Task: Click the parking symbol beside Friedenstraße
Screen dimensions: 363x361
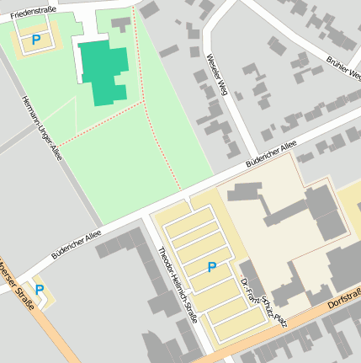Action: pos(35,40)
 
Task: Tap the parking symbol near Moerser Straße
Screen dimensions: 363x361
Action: pos(40,290)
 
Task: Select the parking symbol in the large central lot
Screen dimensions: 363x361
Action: pos(212,267)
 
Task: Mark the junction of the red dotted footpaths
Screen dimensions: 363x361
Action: pos(144,102)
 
